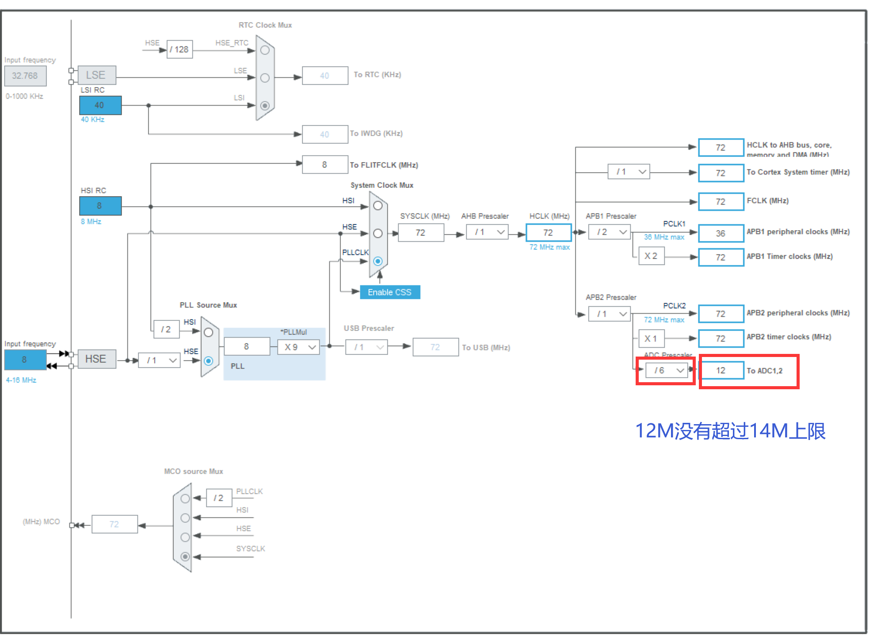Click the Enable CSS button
coord(389,292)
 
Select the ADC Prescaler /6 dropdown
coord(667,370)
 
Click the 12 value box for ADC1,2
coord(721,370)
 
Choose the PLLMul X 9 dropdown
coord(298,347)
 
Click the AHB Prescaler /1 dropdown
coord(487,232)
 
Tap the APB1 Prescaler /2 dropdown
coord(609,232)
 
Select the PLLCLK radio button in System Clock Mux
coord(377,261)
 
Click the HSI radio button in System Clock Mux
coord(377,205)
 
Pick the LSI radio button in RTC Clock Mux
coord(265,106)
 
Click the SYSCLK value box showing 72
coord(420,232)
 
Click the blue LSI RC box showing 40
coord(100,105)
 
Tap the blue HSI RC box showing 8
coord(100,205)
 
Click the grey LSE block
coord(96,75)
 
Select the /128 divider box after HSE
coord(179,49)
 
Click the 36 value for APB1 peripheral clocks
coord(721,233)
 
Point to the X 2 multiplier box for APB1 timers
coord(651,256)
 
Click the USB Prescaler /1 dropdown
coord(366,347)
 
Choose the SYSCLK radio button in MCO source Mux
coord(185,557)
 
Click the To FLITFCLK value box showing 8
coord(324,164)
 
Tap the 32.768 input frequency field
coord(25,76)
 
